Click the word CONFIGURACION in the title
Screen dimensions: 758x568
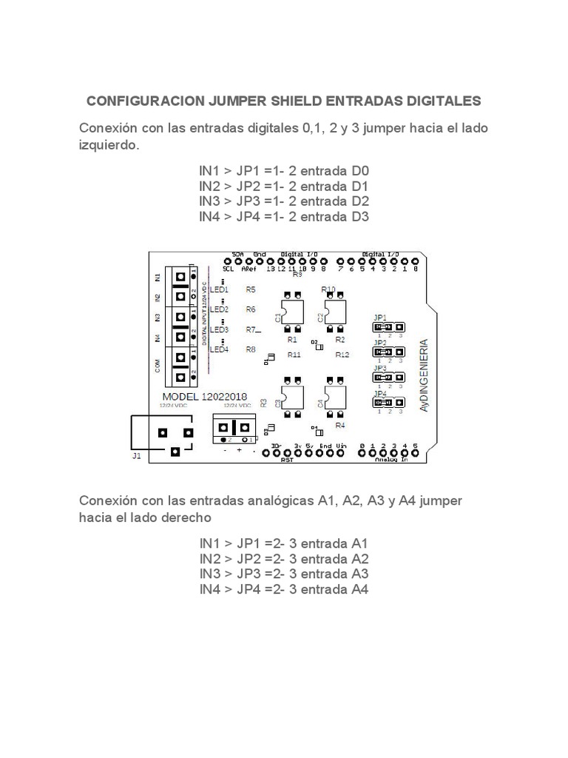(x=142, y=101)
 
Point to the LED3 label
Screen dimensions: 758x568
(x=220, y=329)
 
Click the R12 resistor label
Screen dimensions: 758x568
(x=342, y=355)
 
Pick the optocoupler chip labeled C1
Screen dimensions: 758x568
(x=290, y=311)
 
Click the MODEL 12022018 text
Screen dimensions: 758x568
(x=198, y=396)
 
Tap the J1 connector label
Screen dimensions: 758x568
(x=136, y=457)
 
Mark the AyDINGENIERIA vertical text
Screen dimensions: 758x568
(x=423, y=376)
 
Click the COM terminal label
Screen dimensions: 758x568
(x=157, y=365)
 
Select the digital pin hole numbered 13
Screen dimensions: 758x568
(x=271, y=261)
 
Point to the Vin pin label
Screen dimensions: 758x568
(x=341, y=446)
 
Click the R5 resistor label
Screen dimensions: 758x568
(x=251, y=289)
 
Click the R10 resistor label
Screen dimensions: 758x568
(x=329, y=289)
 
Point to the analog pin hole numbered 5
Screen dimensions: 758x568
(x=415, y=453)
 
